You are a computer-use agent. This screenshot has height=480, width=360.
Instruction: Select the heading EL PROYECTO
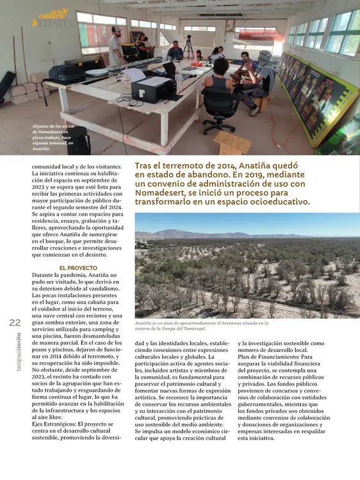click(78, 268)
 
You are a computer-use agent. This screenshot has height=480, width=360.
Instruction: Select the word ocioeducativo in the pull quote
click(277, 202)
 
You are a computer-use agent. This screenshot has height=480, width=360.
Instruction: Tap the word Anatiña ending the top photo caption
click(42, 148)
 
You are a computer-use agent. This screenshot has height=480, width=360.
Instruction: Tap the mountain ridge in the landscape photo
click(192, 233)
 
